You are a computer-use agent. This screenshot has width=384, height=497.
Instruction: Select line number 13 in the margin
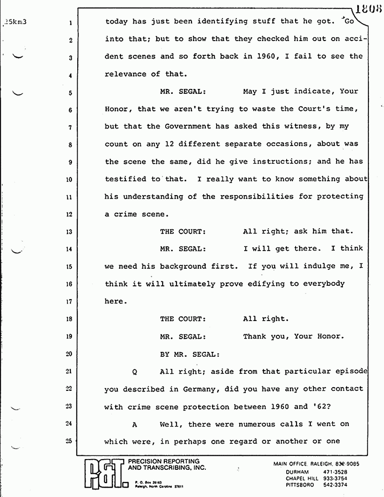tap(71, 232)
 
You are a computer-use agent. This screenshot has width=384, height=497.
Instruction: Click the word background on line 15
tap(184, 266)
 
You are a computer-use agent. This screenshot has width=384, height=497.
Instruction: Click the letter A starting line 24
tap(134, 424)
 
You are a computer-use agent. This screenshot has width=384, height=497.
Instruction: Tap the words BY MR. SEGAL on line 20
tap(190, 354)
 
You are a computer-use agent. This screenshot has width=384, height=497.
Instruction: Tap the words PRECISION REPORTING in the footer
tap(164, 461)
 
